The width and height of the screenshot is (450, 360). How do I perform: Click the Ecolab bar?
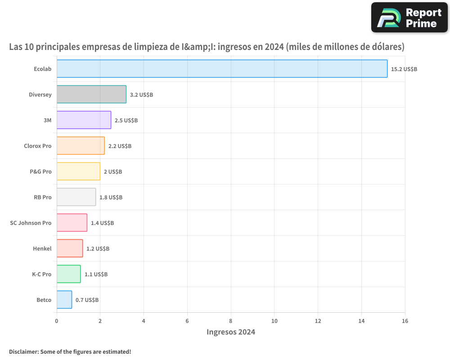[222, 69]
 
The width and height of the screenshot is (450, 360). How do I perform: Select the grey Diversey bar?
[91, 94]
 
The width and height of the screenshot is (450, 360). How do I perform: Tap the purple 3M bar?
[84, 120]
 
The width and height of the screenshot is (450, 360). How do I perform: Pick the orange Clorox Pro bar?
[81, 146]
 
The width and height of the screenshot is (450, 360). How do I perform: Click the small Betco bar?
[64, 300]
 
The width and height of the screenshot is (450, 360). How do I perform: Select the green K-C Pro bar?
[69, 274]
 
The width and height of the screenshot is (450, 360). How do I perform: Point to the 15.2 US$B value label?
[404, 69]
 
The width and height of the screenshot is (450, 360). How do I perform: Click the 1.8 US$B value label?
[111, 197]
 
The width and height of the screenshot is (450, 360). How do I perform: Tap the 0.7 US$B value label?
[87, 300]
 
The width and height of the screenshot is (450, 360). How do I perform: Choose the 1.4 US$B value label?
[102, 223]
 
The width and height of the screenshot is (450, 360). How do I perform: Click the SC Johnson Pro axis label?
[31, 223]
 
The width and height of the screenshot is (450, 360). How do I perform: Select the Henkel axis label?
[42, 248]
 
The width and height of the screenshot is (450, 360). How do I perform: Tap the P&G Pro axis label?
[40, 171]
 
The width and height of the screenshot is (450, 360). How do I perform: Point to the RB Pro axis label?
[43, 197]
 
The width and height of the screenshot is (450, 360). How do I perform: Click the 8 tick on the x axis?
[231, 321]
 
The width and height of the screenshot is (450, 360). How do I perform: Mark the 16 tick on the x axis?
[405, 321]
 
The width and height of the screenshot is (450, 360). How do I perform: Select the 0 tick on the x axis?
[57, 321]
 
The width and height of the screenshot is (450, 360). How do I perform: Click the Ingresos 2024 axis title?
[231, 332]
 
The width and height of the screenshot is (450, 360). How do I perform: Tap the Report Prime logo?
[409, 18]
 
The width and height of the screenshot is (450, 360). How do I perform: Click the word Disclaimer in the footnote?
[23, 351]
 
